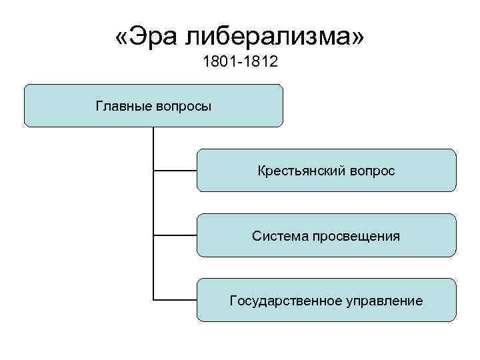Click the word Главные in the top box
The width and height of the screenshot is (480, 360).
click(x=124, y=106)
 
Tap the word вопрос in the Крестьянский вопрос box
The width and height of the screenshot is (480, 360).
click(x=372, y=171)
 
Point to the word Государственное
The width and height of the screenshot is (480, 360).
click(x=285, y=301)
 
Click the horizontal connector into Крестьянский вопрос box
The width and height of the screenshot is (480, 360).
click(x=175, y=171)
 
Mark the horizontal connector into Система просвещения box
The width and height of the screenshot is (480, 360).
click(x=175, y=235)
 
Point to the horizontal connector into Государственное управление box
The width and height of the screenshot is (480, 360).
click(x=175, y=300)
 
